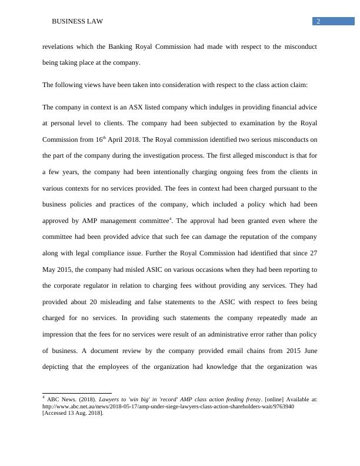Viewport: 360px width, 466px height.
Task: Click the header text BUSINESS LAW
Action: pos(77,22)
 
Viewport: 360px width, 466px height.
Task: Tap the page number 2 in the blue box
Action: pos(318,22)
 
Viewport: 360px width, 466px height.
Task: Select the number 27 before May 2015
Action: pos(314,253)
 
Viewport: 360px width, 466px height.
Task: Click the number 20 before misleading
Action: pos(91,302)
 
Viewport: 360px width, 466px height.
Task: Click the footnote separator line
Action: pos(69,391)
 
